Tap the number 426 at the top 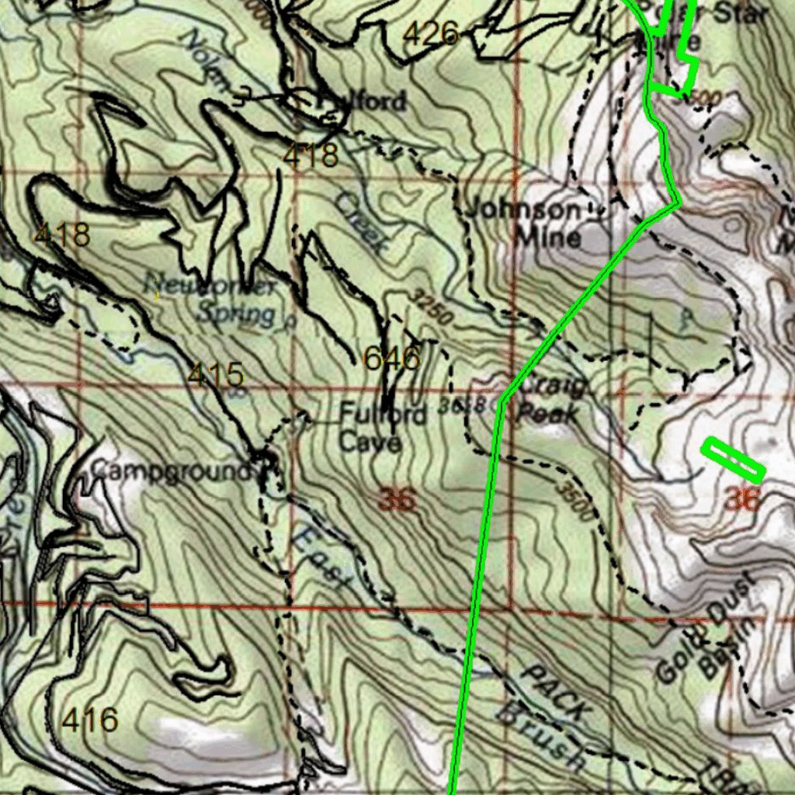(432, 33)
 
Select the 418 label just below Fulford (310, 156)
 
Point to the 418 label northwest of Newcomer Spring (62, 234)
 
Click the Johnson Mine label (536, 223)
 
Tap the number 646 (392, 359)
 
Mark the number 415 (215, 375)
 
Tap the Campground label (172, 470)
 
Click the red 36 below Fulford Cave (397, 501)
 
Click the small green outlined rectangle (733, 460)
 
